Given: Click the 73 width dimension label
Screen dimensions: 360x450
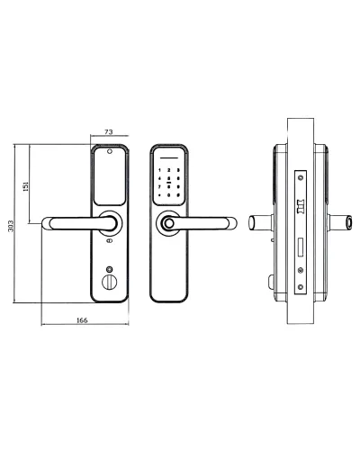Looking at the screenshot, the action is (x=109, y=131).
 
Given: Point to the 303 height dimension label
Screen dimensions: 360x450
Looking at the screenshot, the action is (x=11, y=226).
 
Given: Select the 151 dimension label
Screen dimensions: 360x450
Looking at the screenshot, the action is (x=26, y=186).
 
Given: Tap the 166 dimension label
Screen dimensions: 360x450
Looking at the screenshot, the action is (x=82, y=320).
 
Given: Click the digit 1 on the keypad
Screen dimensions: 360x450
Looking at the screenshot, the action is (x=159, y=170).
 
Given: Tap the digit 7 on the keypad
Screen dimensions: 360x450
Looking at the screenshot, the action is (x=159, y=187).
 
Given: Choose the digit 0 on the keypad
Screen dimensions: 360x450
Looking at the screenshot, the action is (x=169, y=195).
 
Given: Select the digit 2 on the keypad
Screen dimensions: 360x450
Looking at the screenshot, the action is (x=169, y=170).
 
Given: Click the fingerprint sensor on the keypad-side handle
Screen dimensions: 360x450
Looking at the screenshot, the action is (x=167, y=224).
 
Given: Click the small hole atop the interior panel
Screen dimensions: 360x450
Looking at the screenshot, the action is (x=109, y=151).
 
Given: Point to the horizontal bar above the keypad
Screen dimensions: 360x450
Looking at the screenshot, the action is (x=169, y=158).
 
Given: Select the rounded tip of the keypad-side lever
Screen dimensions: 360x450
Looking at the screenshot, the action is (x=233, y=223).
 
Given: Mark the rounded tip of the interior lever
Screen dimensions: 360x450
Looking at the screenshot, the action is (x=45, y=223).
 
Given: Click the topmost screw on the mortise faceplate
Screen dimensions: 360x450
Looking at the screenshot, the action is (x=301, y=177).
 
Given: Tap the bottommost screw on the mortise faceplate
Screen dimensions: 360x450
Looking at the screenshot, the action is (x=301, y=287).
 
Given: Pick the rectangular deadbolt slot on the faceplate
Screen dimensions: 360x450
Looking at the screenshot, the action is (x=301, y=247).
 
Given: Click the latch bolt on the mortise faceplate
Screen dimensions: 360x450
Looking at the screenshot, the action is (x=301, y=206).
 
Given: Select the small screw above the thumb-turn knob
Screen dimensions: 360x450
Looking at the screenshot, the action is (x=110, y=268).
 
